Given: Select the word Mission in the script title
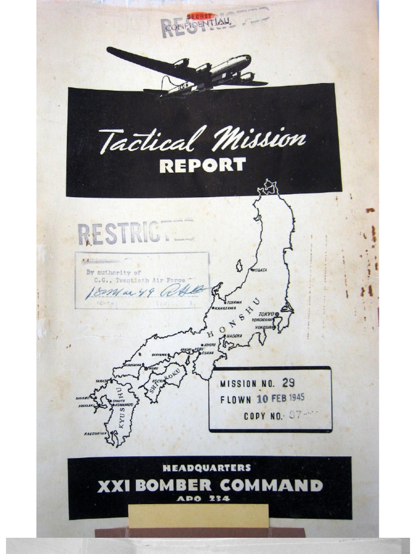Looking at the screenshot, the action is point(258,139).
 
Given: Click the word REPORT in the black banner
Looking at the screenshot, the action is point(203,165).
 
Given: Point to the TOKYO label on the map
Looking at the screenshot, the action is point(266,314).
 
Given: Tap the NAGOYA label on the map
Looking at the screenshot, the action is point(235,335).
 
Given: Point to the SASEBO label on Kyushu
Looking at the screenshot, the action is point(83,398).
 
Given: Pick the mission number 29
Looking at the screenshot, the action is point(288,383).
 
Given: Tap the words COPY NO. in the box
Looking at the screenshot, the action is point(263,416).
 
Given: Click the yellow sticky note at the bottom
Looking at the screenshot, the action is point(198,515).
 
